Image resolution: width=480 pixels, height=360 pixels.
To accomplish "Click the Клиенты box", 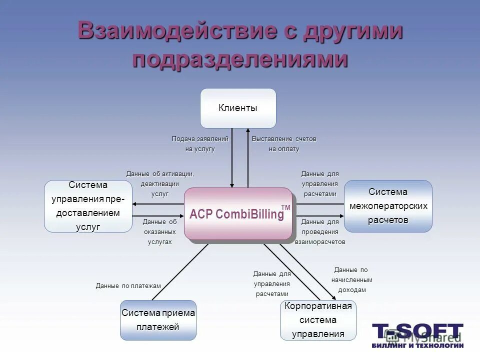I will [x=238, y=108].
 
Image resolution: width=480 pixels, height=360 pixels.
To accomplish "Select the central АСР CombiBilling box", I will [x=238, y=214].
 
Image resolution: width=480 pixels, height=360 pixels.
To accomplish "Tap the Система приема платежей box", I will [x=158, y=320].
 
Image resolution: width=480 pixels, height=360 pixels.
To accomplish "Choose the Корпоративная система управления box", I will [x=318, y=320].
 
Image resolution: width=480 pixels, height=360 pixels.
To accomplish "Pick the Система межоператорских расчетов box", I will [x=388, y=206].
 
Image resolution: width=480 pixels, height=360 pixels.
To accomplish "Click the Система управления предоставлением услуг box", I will [x=88, y=206].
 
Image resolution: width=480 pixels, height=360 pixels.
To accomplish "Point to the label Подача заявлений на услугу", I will [x=199, y=143].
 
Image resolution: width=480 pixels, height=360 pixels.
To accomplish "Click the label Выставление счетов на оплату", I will [x=284, y=143].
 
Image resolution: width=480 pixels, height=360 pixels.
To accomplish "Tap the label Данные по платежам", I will [x=128, y=286].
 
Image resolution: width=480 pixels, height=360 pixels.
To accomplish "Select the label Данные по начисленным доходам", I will [x=352, y=280].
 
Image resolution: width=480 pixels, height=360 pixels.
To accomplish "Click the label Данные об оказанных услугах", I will [x=159, y=231].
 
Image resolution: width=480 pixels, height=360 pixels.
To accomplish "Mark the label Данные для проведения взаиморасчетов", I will [x=320, y=231].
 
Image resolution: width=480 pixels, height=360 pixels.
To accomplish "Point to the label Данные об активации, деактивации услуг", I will [x=159, y=183].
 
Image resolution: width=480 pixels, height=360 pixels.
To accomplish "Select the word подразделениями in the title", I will [x=240, y=59].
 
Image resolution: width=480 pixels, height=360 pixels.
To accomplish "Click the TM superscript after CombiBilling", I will [x=285, y=207].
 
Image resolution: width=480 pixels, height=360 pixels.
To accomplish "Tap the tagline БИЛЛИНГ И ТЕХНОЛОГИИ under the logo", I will [x=417, y=345].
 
